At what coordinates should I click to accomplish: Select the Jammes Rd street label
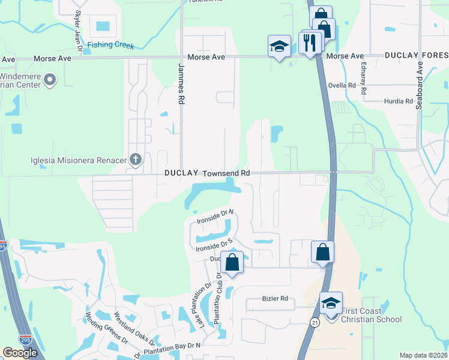(180, 85)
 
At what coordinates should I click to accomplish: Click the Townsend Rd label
(226, 173)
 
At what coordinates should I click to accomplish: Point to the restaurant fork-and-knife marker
(310, 43)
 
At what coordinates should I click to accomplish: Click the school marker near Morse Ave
(279, 47)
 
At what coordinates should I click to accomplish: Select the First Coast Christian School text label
(371, 315)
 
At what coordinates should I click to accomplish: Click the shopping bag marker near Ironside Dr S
(232, 263)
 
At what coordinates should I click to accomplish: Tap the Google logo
(20, 352)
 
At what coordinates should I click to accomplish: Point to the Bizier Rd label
(276, 298)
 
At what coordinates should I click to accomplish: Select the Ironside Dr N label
(215, 217)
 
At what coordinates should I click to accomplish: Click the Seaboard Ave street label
(419, 84)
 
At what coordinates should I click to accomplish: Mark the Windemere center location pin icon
(50, 79)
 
